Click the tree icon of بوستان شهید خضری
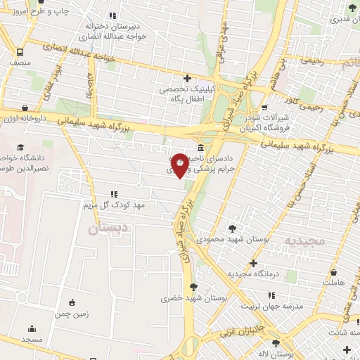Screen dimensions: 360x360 tap(193, 286)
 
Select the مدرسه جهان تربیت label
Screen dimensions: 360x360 tap(272, 307)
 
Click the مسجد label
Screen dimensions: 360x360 tap(32, 340)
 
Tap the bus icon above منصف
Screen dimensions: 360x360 tap(20, 52)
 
